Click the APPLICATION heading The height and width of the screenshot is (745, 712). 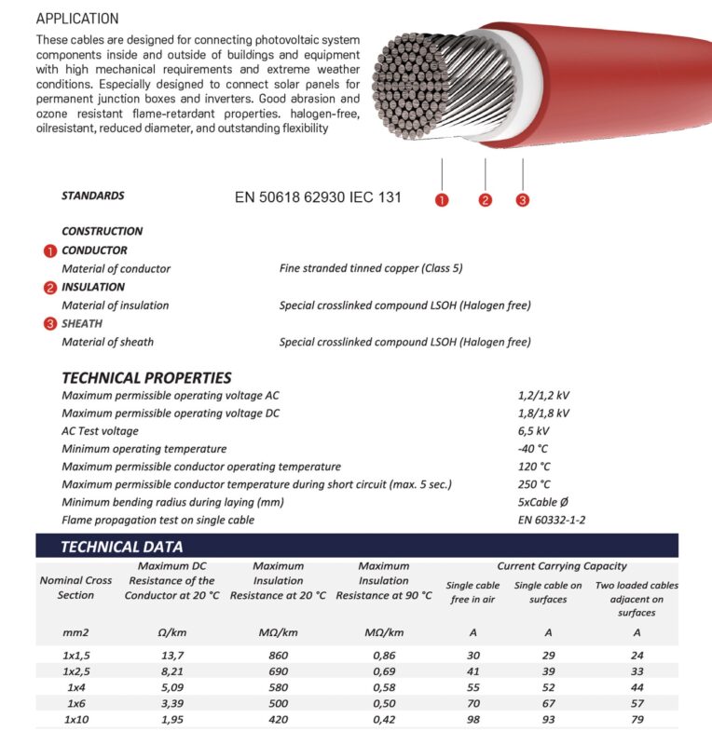pyautogui.click(x=77, y=19)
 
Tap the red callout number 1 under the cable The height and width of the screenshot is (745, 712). pyautogui.click(x=442, y=199)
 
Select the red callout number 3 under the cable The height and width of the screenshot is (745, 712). pyautogui.click(x=522, y=199)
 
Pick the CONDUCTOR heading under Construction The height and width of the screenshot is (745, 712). pyautogui.click(x=94, y=251)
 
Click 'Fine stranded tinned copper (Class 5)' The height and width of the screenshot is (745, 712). pyautogui.click(x=371, y=268)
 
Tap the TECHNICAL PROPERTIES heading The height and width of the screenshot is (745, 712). pyautogui.click(x=146, y=378)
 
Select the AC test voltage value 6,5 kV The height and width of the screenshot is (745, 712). pyautogui.click(x=534, y=431)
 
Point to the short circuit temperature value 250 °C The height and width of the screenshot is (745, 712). pyautogui.click(x=534, y=484)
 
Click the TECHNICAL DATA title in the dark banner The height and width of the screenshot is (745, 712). pyautogui.click(x=122, y=547)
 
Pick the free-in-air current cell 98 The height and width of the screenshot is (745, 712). pyautogui.click(x=472, y=720)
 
